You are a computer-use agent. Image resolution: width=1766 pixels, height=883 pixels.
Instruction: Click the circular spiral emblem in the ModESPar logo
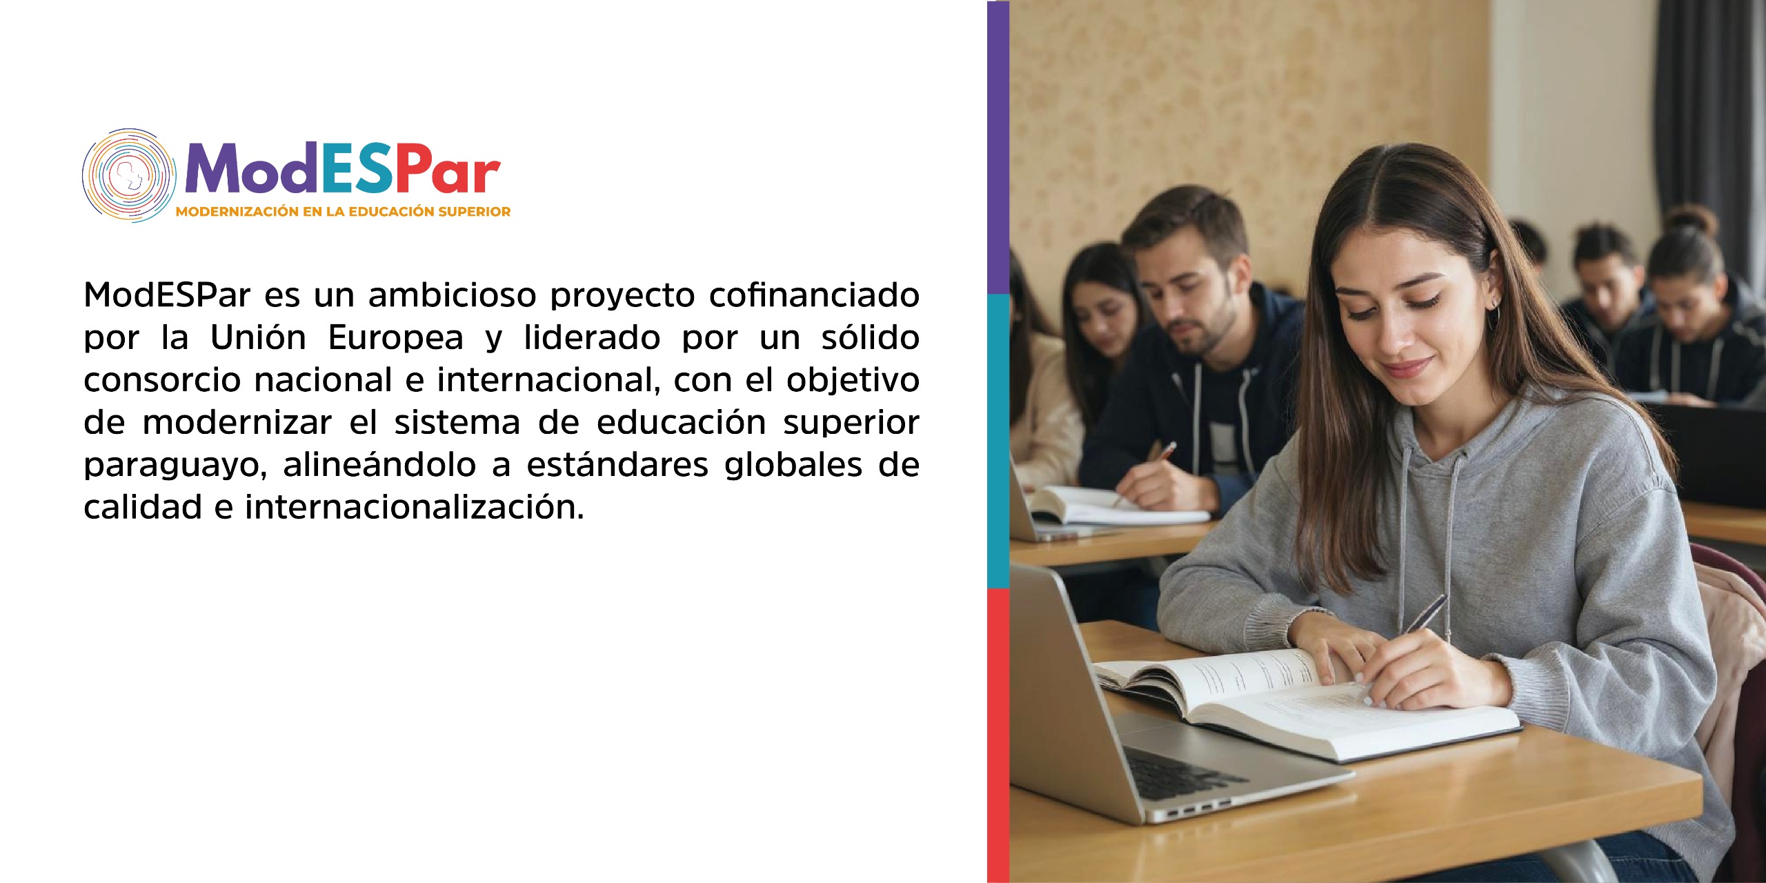[129, 175]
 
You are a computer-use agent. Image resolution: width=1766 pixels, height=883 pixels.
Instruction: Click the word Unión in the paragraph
[258, 337]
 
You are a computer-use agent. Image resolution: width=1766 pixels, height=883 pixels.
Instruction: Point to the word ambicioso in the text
[452, 295]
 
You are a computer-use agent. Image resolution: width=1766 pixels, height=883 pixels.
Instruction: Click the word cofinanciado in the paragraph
[814, 295]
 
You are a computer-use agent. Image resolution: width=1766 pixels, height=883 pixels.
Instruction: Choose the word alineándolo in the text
[379, 464]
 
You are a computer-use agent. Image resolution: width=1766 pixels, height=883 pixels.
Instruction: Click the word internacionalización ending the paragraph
[414, 507]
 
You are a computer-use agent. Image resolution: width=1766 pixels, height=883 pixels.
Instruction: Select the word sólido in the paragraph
[870, 337]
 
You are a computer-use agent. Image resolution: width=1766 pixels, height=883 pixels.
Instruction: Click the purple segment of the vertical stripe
[998, 148]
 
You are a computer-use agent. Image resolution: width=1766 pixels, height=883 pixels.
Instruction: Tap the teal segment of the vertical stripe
[998, 441]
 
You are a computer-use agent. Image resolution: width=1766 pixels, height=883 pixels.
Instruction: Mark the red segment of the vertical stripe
[998, 735]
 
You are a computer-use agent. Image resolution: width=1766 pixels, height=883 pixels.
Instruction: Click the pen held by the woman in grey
[1426, 613]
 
